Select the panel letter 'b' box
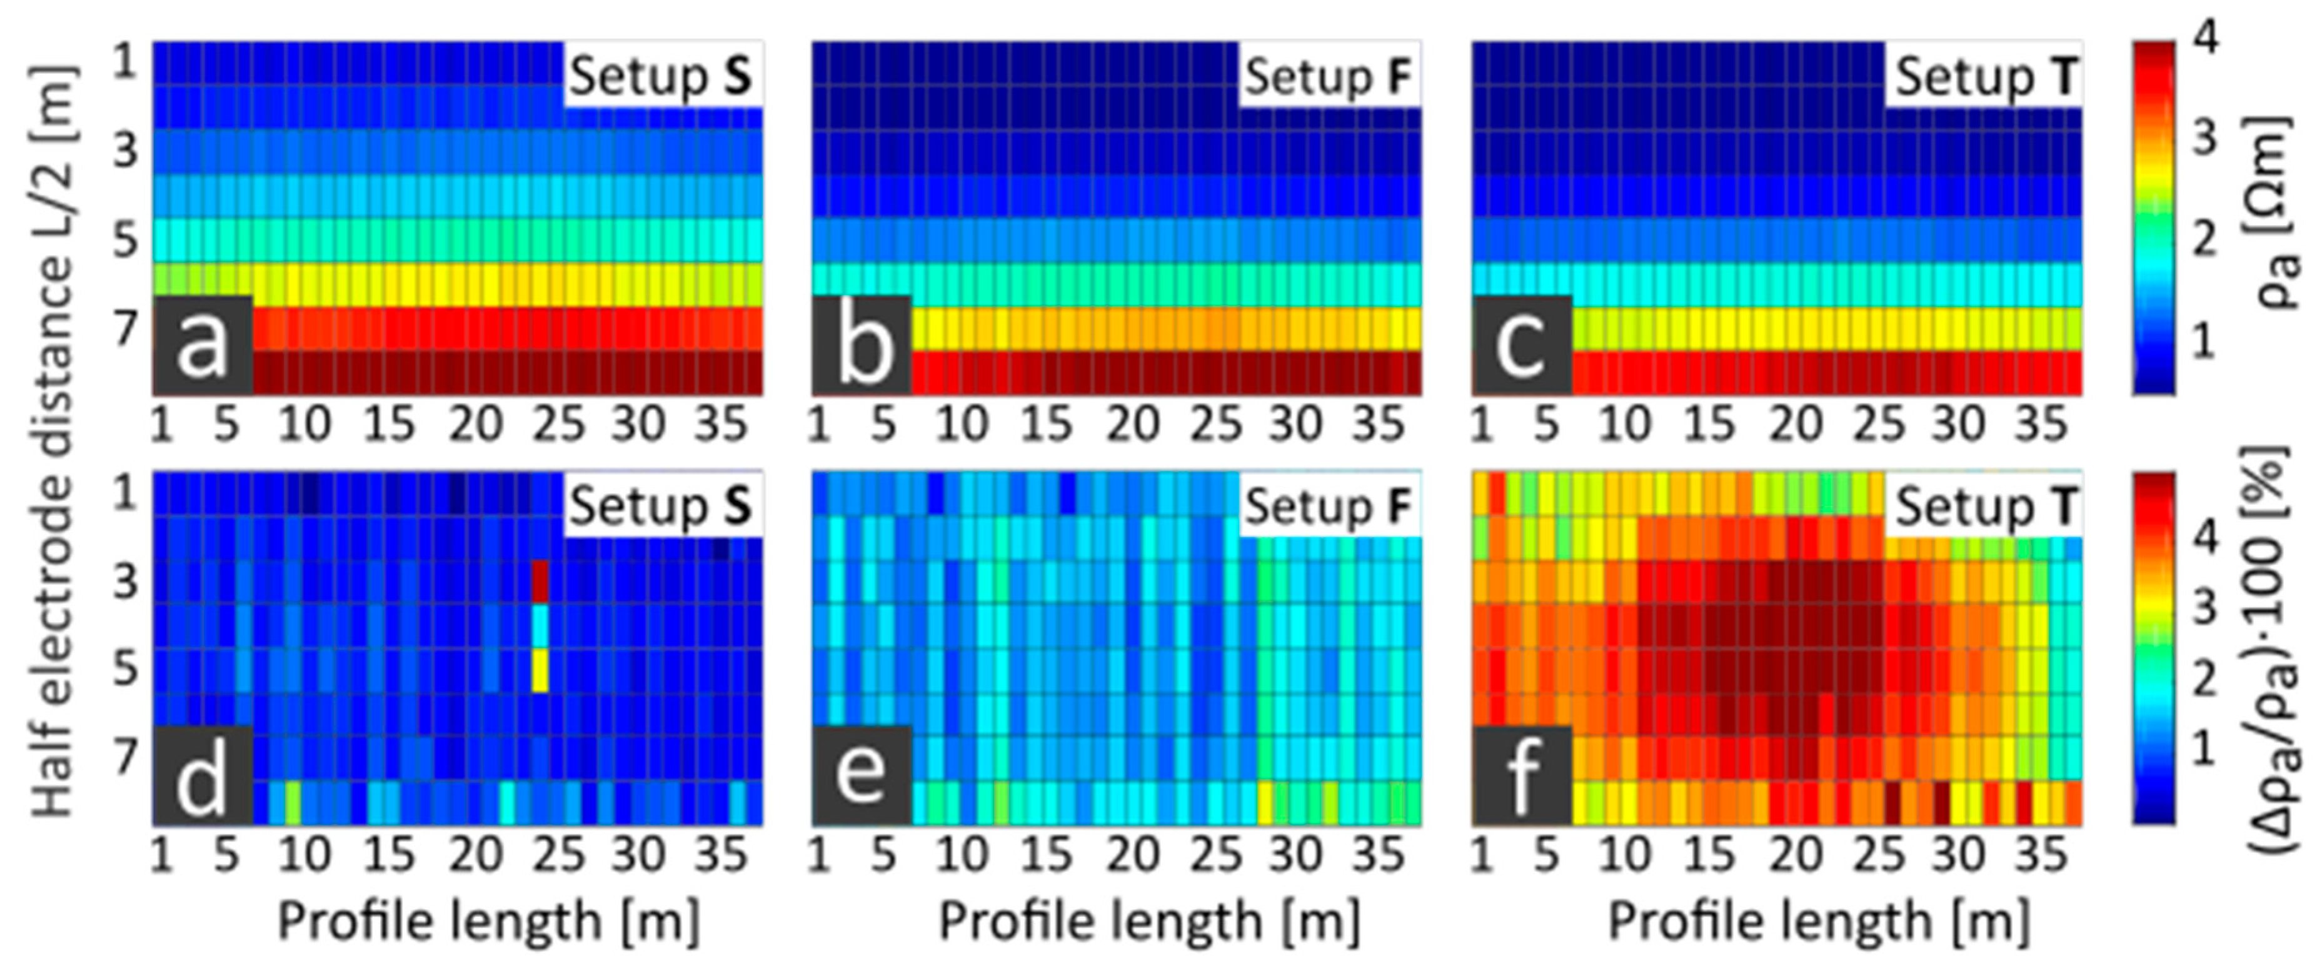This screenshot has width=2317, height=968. [x=862, y=345]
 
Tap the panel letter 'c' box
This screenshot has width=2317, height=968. [x=1522, y=345]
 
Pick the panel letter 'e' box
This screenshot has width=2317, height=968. [x=862, y=775]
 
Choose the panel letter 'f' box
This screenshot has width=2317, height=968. [x=1522, y=775]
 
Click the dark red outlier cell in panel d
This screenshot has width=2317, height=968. [x=540, y=581]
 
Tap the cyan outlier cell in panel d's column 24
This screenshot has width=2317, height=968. [x=540, y=626]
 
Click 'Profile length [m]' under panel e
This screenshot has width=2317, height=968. [x=1148, y=921]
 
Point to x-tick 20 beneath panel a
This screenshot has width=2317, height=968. [x=475, y=423]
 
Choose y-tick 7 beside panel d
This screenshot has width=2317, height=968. [x=126, y=757]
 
